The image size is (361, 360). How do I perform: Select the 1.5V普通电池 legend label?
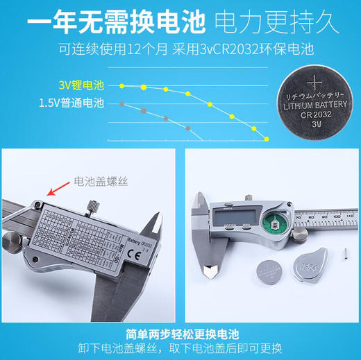point(71,104)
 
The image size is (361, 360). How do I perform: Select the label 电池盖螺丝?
point(97,178)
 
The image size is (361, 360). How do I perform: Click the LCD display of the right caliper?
point(237,216)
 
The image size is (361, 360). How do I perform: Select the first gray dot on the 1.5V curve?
point(123,104)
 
